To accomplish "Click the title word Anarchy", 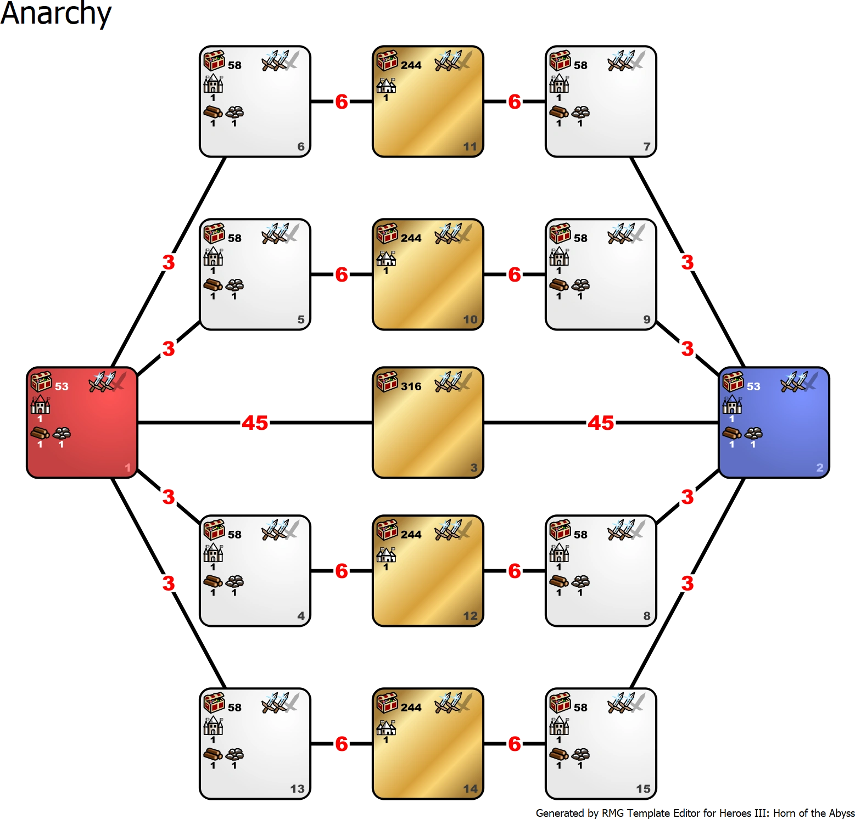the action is click(57, 14).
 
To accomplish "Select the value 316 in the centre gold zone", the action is click(411, 386).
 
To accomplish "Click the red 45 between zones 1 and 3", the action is click(255, 423).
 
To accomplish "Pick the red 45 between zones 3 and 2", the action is click(601, 423).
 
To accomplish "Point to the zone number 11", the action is click(470, 147).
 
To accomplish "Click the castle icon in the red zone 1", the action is click(40, 405).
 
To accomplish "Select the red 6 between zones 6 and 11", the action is click(342, 102).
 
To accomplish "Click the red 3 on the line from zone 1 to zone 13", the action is click(169, 583).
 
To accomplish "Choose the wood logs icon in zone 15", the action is click(559, 754).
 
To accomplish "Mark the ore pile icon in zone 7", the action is click(580, 113).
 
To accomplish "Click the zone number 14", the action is click(470, 789).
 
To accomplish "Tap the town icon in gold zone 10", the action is click(386, 257).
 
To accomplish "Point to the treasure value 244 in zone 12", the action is click(411, 535).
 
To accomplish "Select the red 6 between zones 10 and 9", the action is click(515, 274).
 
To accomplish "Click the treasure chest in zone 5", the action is click(214, 233).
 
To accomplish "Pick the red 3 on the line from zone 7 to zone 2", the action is click(687, 262).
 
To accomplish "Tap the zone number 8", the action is click(646, 616).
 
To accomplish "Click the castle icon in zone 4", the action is click(213, 553).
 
